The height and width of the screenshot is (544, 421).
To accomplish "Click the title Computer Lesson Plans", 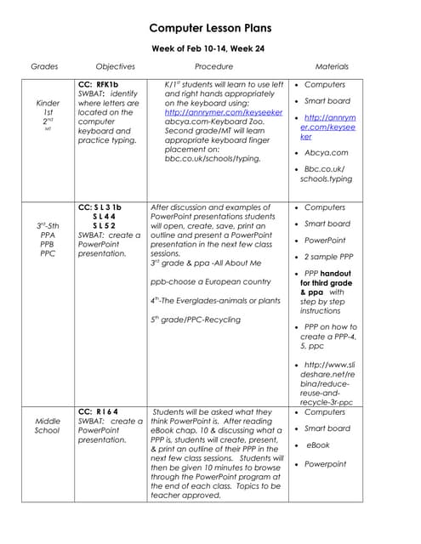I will pyautogui.click(x=210, y=28).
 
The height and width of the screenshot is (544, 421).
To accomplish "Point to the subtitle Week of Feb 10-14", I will pyautogui.click(x=207, y=48).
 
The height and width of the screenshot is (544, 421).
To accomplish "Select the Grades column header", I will pyautogui.click(x=44, y=66).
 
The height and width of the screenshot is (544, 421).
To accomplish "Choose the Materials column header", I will pyautogui.click(x=332, y=66).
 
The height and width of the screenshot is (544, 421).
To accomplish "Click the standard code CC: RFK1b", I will pyautogui.click(x=97, y=85).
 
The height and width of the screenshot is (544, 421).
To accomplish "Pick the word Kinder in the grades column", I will pyautogui.click(x=48, y=103).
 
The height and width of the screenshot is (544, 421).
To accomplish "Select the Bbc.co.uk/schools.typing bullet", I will pyautogui.click(x=327, y=174).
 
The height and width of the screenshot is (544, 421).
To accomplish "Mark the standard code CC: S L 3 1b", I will pyautogui.click(x=100, y=207).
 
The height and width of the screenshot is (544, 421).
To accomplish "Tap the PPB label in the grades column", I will pyautogui.click(x=48, y=244).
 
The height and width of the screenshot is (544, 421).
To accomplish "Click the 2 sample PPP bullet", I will pyautogui.click(x=328, y=257).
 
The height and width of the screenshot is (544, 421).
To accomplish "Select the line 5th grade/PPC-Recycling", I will pyautogui.click(x=195, y=320).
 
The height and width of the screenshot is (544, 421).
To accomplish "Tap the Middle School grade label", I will pyautogui.click(x=48, y=426).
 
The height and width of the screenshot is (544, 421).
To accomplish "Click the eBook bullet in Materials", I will pyautogui.click(x=318, y=445).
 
